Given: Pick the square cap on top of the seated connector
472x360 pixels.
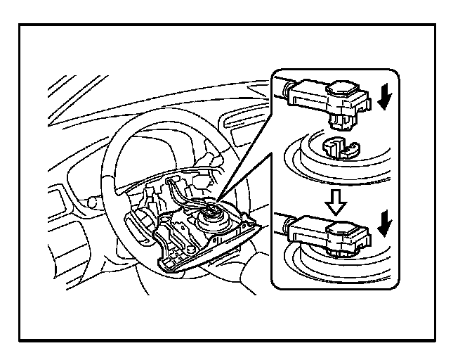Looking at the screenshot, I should coord(345,226).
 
